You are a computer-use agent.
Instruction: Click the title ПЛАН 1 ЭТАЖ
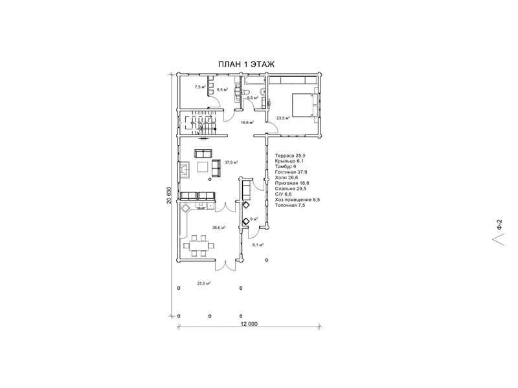[246, 64]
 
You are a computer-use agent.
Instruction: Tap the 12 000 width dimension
[249, 324]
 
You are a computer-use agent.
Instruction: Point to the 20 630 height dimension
[169, 195]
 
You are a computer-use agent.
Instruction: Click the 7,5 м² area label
[200, 87]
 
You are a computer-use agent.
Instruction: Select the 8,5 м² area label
[222, 89]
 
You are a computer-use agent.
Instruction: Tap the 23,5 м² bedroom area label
[283, 118]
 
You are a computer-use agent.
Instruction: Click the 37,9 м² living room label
[232, 162]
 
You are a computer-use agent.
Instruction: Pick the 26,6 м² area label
[219, 228]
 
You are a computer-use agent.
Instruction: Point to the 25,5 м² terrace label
[204, 283]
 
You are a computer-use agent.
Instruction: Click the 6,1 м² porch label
[258, 245]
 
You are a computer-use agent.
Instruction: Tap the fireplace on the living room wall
[185, 169]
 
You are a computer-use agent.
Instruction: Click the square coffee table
[202, 167]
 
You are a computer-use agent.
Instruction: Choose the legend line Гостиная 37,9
[291, 172]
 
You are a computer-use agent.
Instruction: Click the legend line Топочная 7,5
[290, 205]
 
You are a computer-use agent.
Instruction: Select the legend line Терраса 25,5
[289, 155]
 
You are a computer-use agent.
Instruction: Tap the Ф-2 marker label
[500, 225]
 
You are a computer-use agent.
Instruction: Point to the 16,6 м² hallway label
[247, 122]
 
